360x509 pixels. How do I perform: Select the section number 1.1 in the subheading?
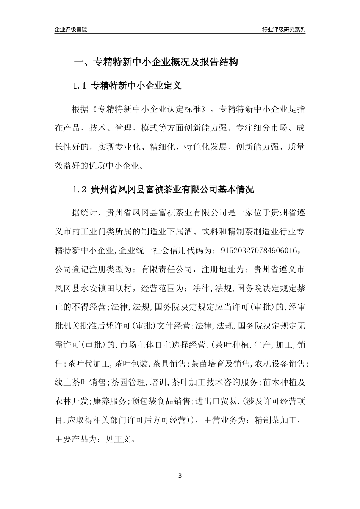(x=80, y=86)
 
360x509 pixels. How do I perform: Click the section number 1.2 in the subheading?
(x=80, y=190)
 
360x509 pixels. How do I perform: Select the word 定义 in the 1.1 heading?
(x=173, y=86)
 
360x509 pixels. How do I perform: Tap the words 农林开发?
(x=72, y=401)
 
